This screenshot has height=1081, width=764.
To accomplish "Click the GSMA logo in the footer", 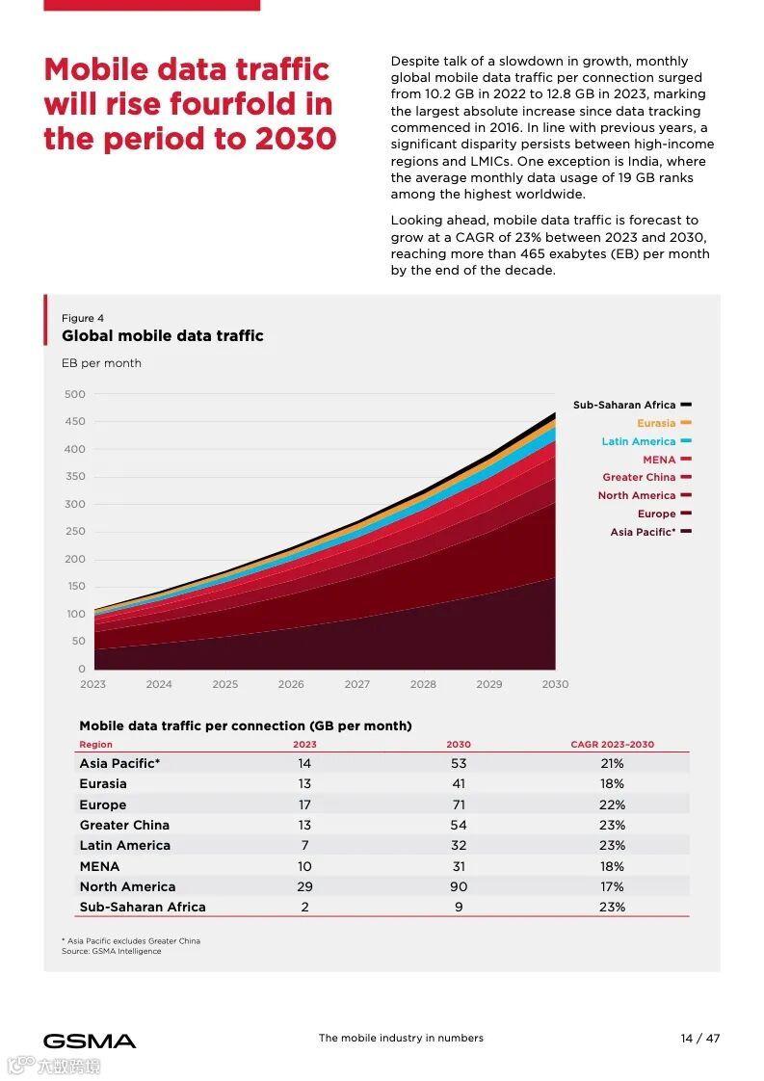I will pyautogui.click(x=90, y=1041).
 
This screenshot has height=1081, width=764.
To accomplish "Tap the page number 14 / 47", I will pyautogui.click(x=700, y=1039).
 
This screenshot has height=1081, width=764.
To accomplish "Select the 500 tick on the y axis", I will pyautogui.click(x=75, y=394).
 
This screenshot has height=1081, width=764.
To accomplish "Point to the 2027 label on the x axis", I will pyautogui.click(x=356, y=684).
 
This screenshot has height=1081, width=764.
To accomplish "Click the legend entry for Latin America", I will pyautogui.click(x=639, y=441).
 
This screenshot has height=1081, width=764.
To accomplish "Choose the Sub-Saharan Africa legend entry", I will pyautogui.click(x=624, y=405).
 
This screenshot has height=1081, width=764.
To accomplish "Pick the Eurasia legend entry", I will pyautogui.click(x=656, y=423).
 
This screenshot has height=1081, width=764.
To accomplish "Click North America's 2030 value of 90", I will pyautogui.click(x=459, y=886).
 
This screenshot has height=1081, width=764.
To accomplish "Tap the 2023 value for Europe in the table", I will pyautogui.click(x=304, y=804).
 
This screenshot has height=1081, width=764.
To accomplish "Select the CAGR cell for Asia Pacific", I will pyautogui.click(x=612, y=763).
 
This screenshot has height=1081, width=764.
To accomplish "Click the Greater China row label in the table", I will pyautogui.click(x=124, y=825).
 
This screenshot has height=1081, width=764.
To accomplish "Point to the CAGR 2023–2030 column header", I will pyautogui.click(x=612, y=745).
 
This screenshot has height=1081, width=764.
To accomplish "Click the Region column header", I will pyautogui.click(x=95, y=745).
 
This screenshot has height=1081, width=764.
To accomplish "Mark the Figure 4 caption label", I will pyautogui.click(x=83, y=318).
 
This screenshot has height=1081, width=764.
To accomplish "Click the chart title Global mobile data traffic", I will pyautogui.click(x=162, y=336).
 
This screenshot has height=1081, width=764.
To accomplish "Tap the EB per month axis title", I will pyautogui.click(x=101, y=363).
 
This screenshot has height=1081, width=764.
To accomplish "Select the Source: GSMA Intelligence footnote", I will pyautogui.click(x=112, y=951).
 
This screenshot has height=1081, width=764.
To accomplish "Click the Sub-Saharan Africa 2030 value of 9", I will pyautogui.click(x=459, y=907).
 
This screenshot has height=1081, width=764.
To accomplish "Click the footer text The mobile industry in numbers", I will pyautogui.click(x=401, y=1039).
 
